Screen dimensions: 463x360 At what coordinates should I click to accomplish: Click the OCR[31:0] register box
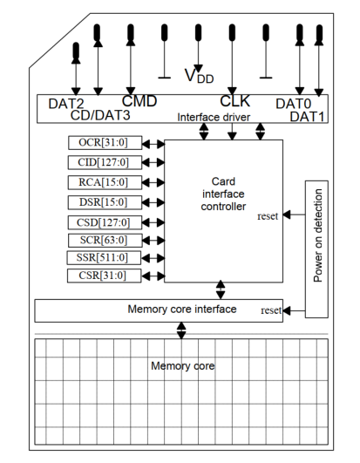[x=99, y=142]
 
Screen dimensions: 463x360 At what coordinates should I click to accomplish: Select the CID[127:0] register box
[x=99, y=161]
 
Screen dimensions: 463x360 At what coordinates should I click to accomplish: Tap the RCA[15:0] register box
[x=99, y=181]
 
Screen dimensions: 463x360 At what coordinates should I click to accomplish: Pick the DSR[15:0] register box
[x=99, y=201]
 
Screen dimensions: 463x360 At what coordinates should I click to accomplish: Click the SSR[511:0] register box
[x=99, y=257]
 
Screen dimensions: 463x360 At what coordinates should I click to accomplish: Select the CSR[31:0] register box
[x=99, y=276]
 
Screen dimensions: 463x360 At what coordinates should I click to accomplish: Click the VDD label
[x=198, y=75]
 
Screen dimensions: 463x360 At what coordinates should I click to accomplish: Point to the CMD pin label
[x=139, y=102]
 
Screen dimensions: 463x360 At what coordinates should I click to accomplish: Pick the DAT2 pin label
[x=66, y=104]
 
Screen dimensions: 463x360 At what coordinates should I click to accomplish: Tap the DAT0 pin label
[x=294, y=104]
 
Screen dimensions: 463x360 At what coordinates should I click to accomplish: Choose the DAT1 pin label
[x=308, y=115]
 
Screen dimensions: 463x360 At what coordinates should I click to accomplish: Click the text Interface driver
[x=213, y=117]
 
